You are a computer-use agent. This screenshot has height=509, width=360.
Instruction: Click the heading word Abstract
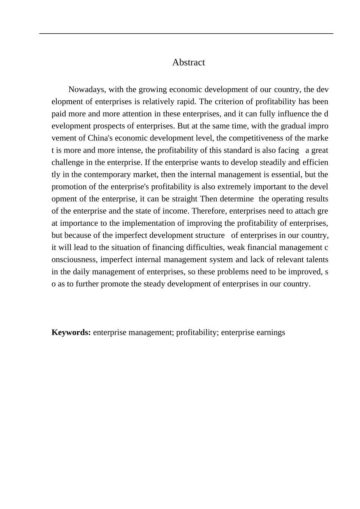pos(188,62)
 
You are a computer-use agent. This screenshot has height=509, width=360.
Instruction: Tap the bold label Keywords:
pos(71,333)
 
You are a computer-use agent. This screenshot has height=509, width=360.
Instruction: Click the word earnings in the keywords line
pos(271,333)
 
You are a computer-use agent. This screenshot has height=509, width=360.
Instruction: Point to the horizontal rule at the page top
pos(186,34)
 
